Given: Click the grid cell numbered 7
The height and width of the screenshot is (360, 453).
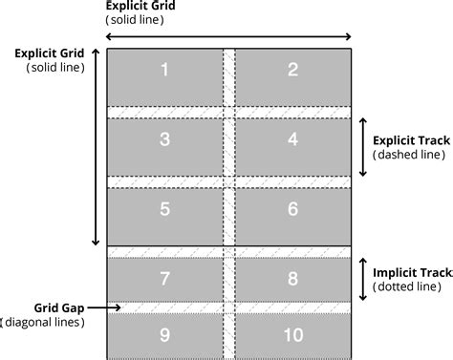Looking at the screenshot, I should click(x=164, y=279).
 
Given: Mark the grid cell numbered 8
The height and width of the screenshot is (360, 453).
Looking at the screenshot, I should click(x=292, y=279).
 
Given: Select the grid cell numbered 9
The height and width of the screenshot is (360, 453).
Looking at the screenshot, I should click(x=164, y=336).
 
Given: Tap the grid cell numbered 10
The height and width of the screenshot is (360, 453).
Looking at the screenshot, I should click(x=292, y=336).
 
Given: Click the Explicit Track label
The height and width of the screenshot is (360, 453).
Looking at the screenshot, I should click(x=411, y=139).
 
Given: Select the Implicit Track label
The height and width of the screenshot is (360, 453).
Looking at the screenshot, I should click(x=411, y=270).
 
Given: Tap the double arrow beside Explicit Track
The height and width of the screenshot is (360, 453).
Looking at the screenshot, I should click(x=363, y=146).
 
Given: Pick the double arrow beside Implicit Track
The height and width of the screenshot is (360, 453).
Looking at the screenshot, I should click(x=363, y=277).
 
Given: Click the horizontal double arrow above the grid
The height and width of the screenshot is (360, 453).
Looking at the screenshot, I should click(x=229, y=35).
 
